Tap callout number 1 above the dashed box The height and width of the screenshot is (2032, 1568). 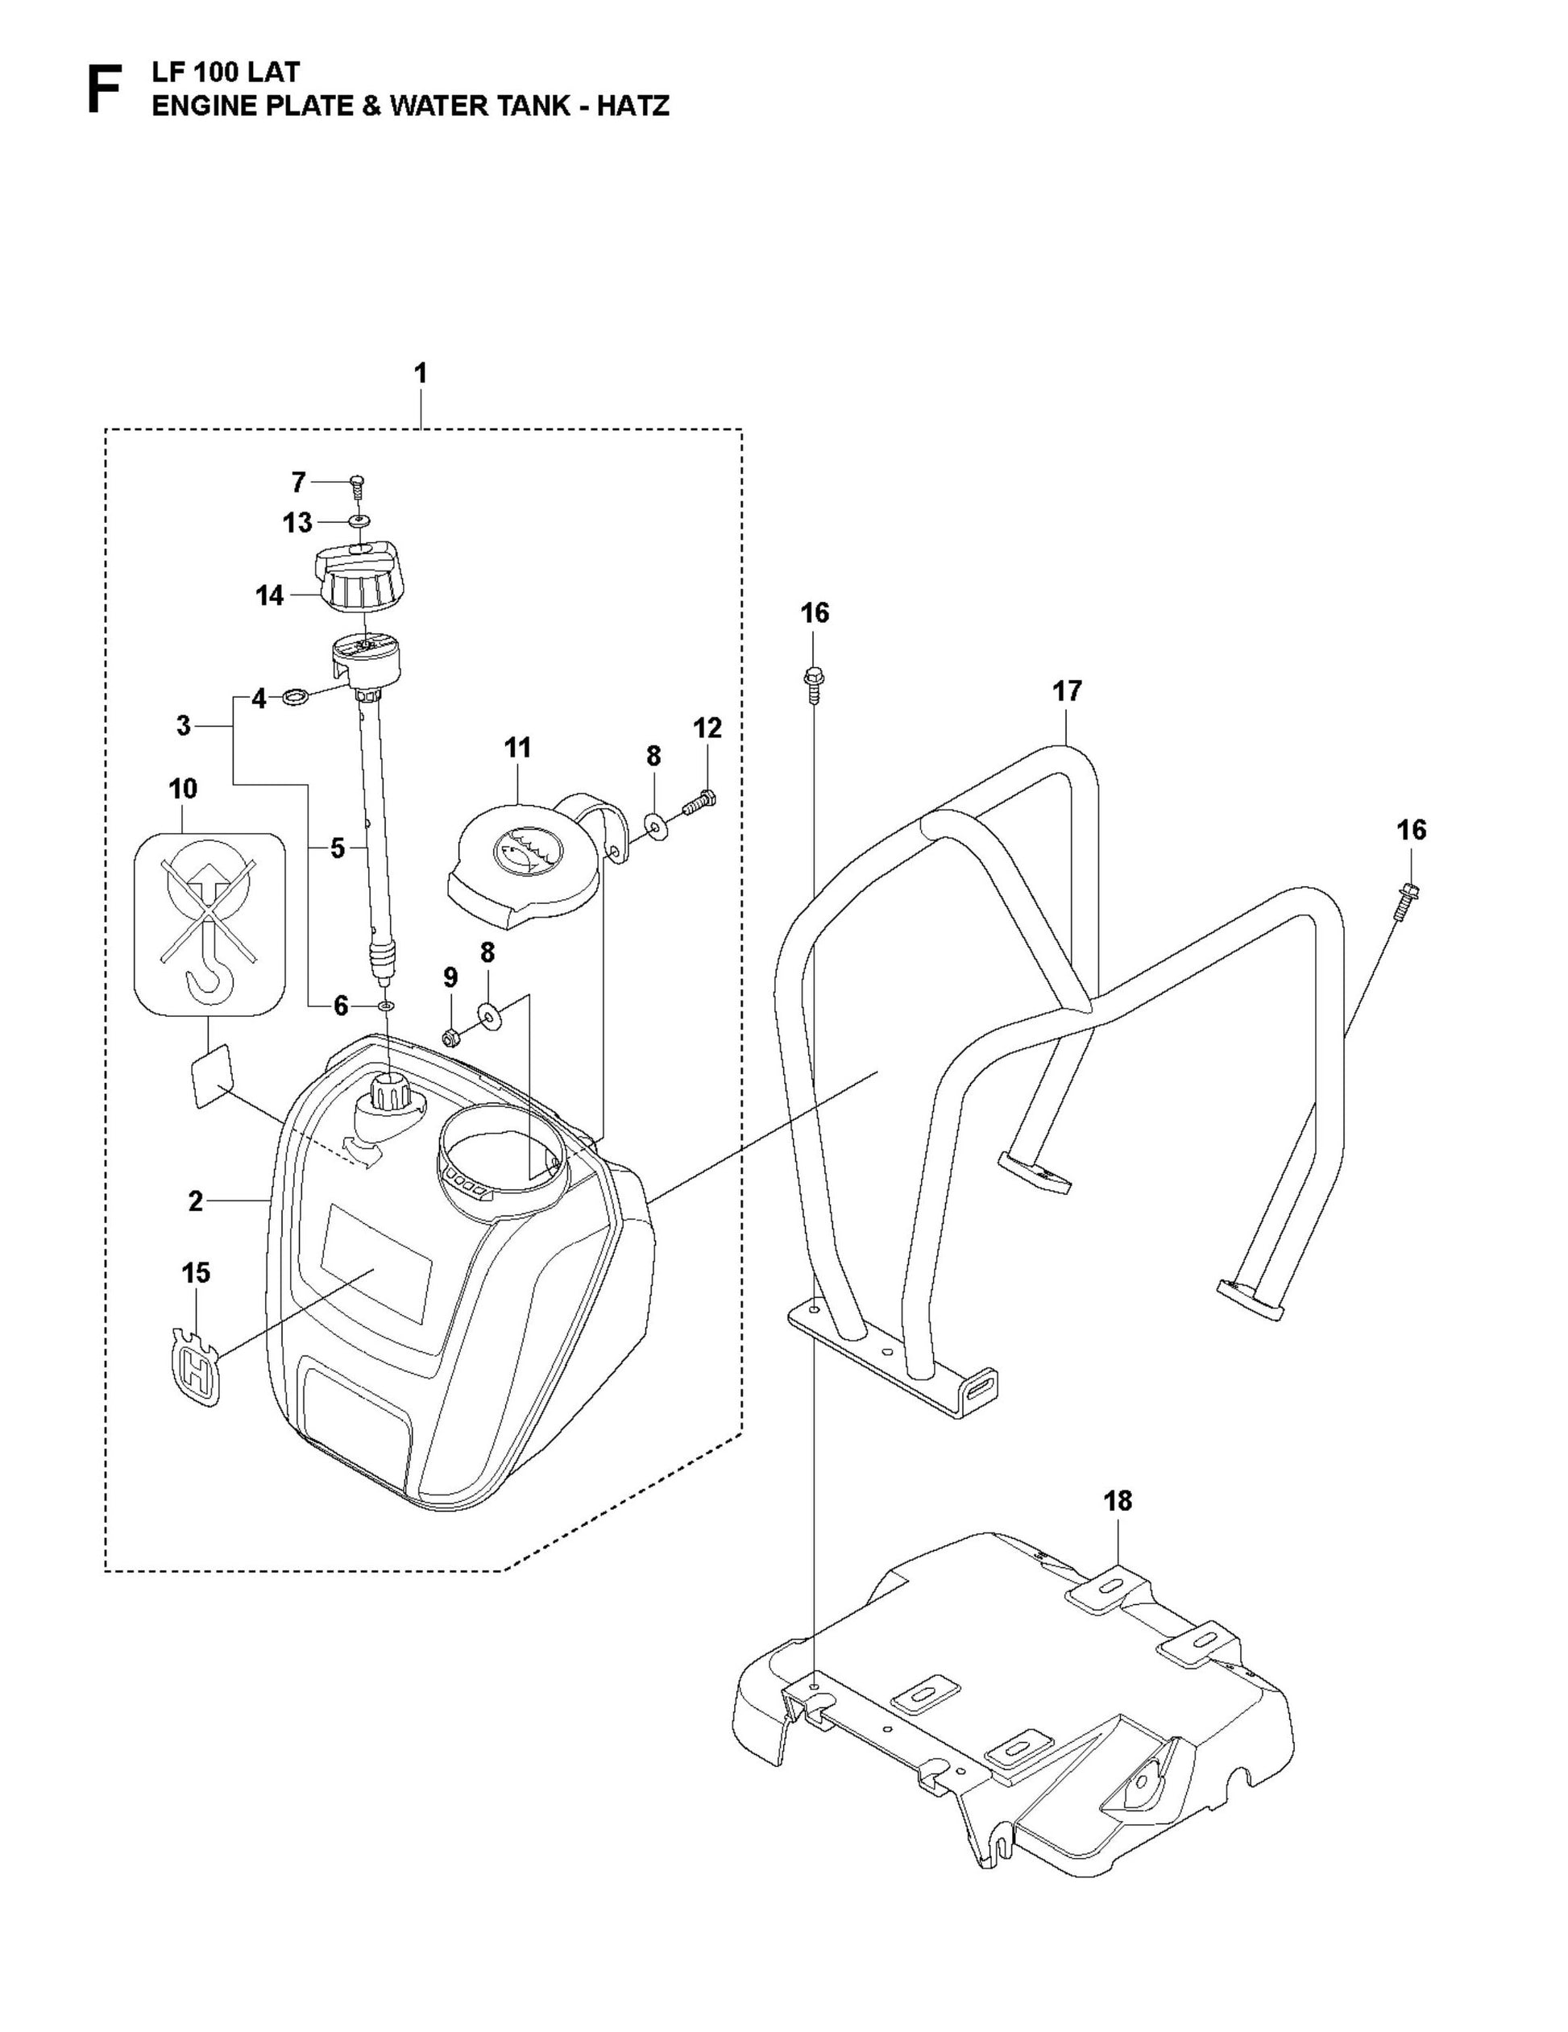point(421,374)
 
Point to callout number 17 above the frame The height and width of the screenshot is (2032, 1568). point(1068,691)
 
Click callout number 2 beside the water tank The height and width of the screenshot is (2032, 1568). point(194,1201)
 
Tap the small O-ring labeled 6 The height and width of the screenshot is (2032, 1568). point(387,1006)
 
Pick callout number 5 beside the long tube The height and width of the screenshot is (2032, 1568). point(337,848)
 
